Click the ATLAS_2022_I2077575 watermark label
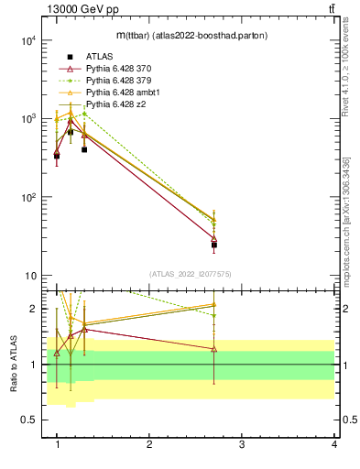pos(190,274)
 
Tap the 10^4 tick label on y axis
pos(27,40)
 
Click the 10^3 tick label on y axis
pos(27,119)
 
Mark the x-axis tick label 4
pos(333,444)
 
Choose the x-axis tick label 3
pos(241,444)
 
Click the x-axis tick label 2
pos(149,444)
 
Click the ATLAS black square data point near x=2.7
pos(213,245)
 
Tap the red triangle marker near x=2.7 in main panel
pos(213,238)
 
